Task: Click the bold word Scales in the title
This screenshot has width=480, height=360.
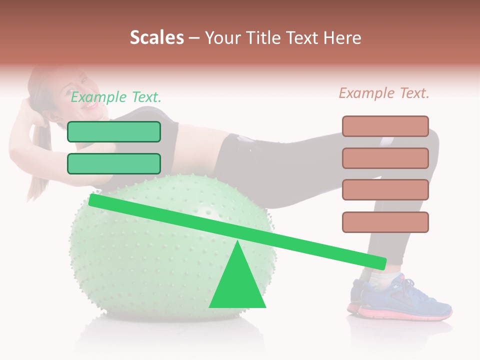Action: click(x=156, y=37)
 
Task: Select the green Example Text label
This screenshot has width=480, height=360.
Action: click(x=115, y=97)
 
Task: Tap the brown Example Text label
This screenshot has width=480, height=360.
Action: click(x=384, y=93)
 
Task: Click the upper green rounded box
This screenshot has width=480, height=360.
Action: click(x=114, y=131)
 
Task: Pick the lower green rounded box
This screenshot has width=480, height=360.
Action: click(x=114, y=163)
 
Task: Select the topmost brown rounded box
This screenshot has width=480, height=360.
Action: click(x=385, y=126)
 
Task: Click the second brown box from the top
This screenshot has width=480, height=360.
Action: click(x=385, y=158)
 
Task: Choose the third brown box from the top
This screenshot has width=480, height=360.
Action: click(x=385, y=190)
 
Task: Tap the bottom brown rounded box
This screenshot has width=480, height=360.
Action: click(x=385, y=222)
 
